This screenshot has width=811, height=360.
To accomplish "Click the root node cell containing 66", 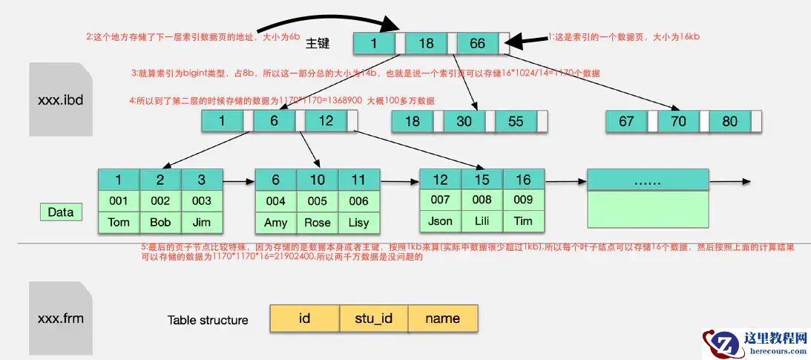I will (x=477, y=43).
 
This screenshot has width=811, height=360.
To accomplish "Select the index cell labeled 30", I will (x=464, y=121).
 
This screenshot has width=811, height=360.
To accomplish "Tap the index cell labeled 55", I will (x=516, y=121).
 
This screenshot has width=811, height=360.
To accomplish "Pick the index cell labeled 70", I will (x=678, y=121).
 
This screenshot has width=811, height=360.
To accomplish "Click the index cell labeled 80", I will (x=729, y=121).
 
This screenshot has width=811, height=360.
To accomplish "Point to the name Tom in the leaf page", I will (x=119, y=222).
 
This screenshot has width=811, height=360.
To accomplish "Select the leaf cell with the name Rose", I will (x=318, y=223).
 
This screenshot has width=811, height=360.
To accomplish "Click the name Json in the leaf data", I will (x=440, y=221).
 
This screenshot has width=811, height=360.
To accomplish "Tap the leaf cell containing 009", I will (x=523, y=200).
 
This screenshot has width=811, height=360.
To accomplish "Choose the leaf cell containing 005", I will (x=318, y=200).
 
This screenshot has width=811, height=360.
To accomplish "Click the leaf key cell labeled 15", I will (x=482, y=180).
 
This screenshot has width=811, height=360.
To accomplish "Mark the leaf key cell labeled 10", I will (x=318, y=180).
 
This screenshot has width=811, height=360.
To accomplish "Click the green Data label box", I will (x=61, y=212).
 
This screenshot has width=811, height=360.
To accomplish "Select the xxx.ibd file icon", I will (x=61, y=99).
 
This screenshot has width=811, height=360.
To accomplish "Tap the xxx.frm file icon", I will (x=61, y=318).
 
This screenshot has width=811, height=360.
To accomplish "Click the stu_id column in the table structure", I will (x=373, y=318).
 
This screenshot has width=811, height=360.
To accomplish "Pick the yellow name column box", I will (x=443, y=318).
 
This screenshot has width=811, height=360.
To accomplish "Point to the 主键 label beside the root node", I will (x=318, y=43).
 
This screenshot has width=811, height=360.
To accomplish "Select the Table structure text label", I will (x=208, y=320).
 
